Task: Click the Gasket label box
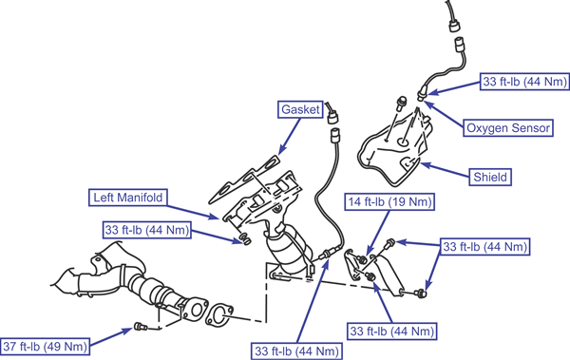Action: coord(300,109)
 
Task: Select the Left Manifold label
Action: coord(128,198)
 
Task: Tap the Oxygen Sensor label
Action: coord(508,128)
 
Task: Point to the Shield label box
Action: coord(490,177)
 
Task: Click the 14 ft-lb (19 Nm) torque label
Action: coord(389,201)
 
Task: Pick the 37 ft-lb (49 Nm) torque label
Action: coord(45,346)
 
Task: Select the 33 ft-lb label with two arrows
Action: coord(484,247)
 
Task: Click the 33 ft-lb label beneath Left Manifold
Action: coord(147,230)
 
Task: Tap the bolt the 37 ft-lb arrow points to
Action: coord(141,327)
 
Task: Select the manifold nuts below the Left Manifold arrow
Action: coord(245,239)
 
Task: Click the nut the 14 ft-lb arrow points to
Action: coord(362,259)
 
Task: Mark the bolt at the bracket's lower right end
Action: coord(421,293)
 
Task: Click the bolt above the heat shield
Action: coord(401,104)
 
